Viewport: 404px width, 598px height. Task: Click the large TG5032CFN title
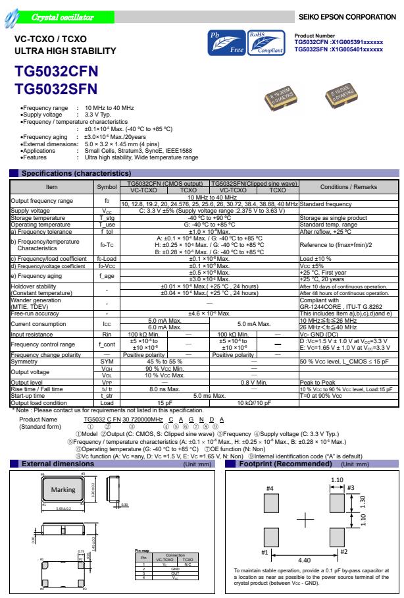pyautogui.click(x=55, y=73)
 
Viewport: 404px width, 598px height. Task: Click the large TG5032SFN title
pyautogui.click(x=55, y=89)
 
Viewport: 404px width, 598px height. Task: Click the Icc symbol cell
pyautogui.click(x=107, y=324)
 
